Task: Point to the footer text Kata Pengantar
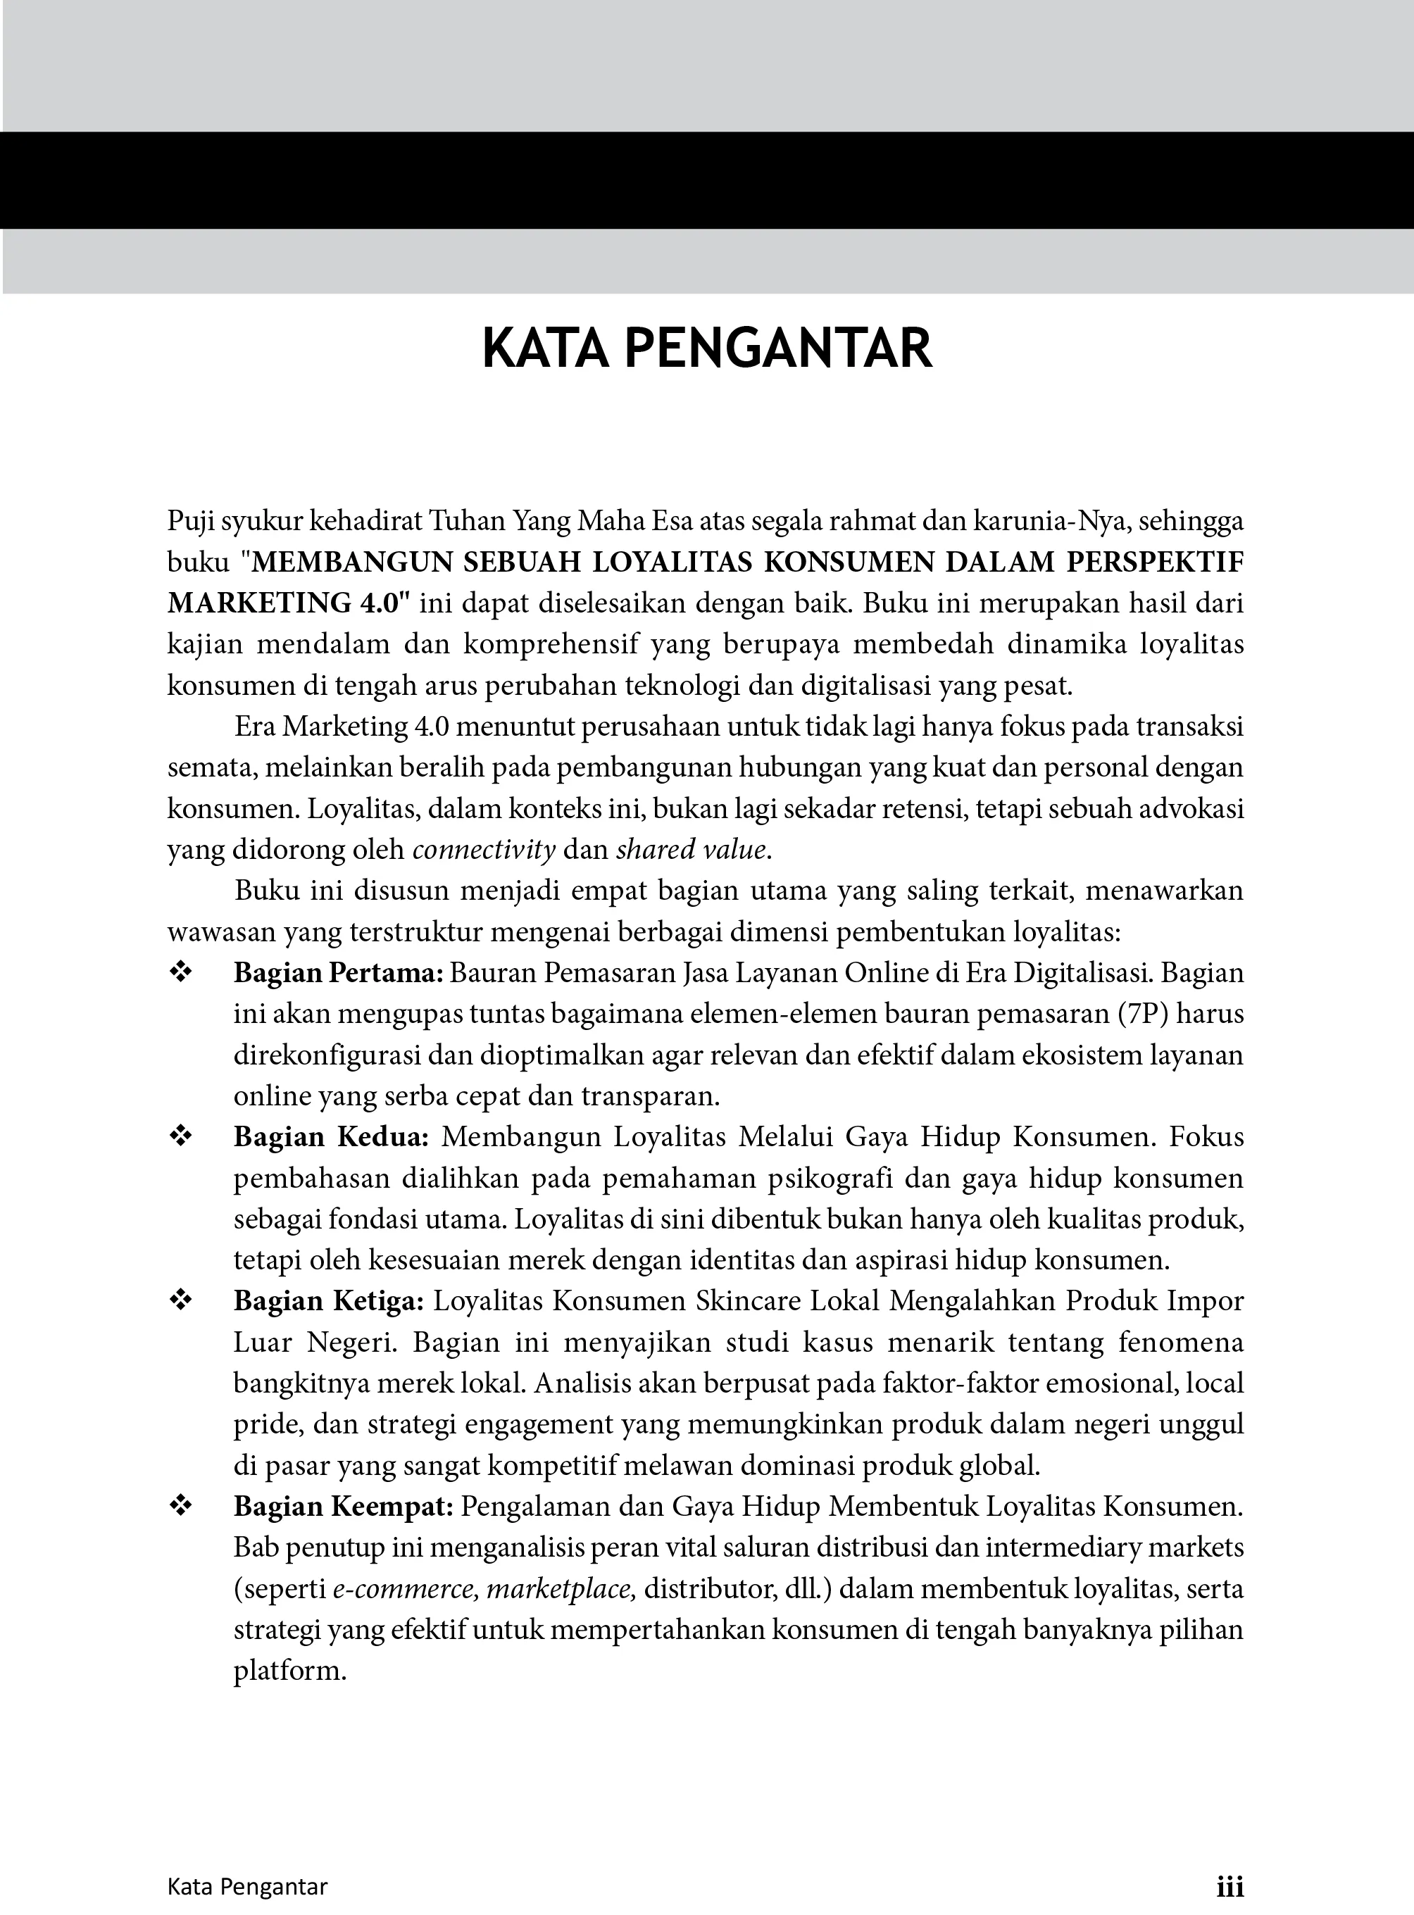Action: (x=247, y=1886)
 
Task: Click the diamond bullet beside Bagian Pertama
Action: (x=182, y=972)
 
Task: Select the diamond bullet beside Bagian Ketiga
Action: (x=182, y=1300)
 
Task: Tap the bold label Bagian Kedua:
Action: (x=331, y=1137)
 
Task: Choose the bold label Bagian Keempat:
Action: (x=343, y=1506)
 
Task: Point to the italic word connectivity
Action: (x=484, y=850)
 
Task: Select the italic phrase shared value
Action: (x=691, y=850)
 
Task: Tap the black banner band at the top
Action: (x=707, y=180)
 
